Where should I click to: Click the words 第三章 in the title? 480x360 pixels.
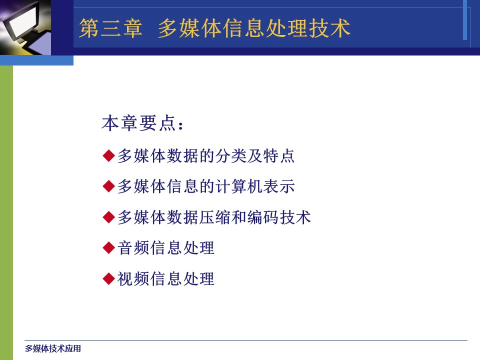[x=110, y=28]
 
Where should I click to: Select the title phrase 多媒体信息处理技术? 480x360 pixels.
[x=254, y=28]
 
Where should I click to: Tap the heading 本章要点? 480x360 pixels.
[x=139, y=123]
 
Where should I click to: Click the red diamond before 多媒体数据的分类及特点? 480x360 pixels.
[x=108, y=155]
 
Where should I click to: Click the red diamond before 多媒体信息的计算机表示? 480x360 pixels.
[x=108, y=186]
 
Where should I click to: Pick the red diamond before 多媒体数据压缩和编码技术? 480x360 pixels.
[x=108, y=217]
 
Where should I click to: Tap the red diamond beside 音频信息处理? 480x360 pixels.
[x=108, y=247]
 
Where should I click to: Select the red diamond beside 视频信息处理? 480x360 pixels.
[x=108, y=279]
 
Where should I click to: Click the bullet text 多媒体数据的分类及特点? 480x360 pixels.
[x=206, y=155]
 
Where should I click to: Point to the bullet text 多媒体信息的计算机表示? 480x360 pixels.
[x=206, y=186]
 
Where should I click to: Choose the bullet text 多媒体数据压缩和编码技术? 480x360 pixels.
[x=214, y=217]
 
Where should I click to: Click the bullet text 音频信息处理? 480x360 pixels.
[x=165, y=247]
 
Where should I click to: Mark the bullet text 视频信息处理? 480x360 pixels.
[x=165, y=279]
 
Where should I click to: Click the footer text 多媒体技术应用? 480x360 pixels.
[x=53, y=348]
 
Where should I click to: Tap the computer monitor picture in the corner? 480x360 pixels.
[x=25, y=27]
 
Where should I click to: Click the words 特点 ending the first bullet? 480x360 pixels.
[x=278, y=155]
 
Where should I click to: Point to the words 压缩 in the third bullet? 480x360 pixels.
[x=214, y=217]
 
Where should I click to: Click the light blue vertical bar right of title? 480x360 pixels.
[x=464, y=20]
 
